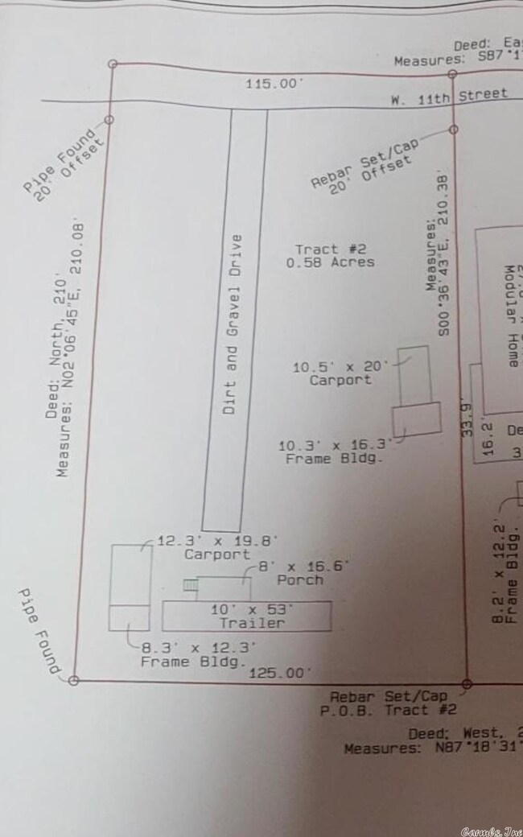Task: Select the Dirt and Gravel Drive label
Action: pyautogui.click(x=233, y=324)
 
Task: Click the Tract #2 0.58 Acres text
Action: pyautogui.click(x=334, y=255)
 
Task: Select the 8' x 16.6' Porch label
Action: pyautogui.click(x=301, y=572)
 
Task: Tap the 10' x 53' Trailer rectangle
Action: pyautogui.click(x=247, y=616)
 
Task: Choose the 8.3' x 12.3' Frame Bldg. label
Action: pyautogui.click(x=198, y=654)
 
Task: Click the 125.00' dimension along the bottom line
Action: pyautogui.click(x=278, y=672)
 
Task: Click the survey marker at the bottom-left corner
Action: pyautogui.click(x=73, y=680)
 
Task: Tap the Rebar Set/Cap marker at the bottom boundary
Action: pyautogui.click(x=467, y=684)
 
